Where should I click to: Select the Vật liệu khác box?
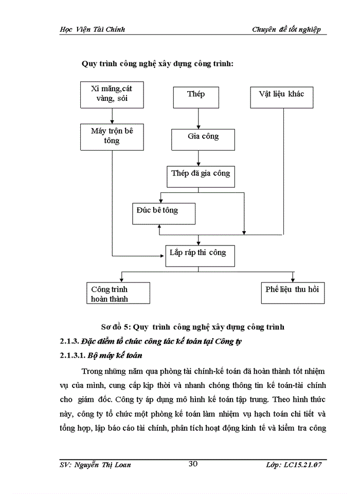click(x=281, y=94)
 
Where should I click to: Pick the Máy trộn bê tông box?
click(x=112, y=136)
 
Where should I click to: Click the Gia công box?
click(x=203, y=136)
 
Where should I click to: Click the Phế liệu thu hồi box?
click(x=292, y=290)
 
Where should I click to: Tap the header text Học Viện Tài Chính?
click(x=93, y=29)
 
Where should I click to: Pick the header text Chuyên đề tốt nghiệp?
click(x=286, y=29)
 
